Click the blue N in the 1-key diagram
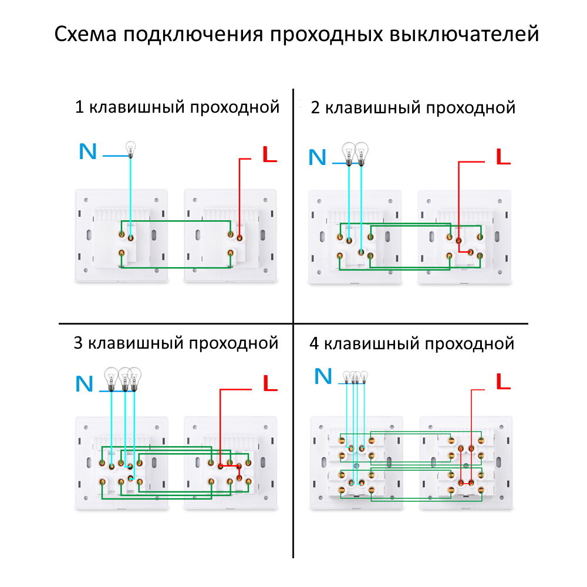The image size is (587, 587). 87,152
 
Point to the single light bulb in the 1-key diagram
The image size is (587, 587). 130,149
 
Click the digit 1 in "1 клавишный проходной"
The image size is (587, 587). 79,108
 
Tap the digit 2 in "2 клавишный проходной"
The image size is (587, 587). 315,108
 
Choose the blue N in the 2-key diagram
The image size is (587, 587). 317,157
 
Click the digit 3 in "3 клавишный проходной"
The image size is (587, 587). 78,343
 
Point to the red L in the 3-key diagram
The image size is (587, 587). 269,384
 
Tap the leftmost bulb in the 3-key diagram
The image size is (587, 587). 110,378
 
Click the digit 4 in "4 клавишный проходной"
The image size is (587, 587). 314,343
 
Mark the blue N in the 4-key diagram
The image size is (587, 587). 323,376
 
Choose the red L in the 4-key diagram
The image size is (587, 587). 503,383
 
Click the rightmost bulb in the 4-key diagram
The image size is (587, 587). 364,376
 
